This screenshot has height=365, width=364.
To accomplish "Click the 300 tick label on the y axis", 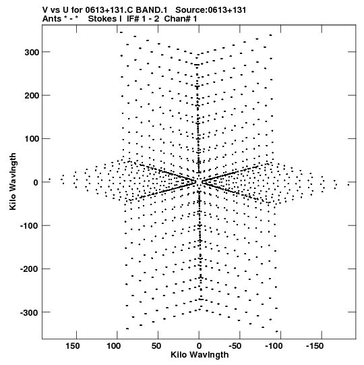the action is (x=32, y=53).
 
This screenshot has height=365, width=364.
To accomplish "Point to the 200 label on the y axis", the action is (x=32, y=96).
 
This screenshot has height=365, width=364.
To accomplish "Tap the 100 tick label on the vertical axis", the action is (x=32, y=139).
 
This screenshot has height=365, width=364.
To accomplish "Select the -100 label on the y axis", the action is (x=30, y=226).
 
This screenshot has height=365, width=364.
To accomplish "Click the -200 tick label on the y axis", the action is (x=30, y=269).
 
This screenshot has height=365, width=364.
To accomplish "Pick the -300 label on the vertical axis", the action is (x=30, y=312).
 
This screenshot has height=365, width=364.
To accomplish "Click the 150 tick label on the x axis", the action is (x=73, y=346).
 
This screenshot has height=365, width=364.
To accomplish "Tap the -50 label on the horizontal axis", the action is (x=235, y=346).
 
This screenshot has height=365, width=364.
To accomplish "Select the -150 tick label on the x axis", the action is (x=315, y=346).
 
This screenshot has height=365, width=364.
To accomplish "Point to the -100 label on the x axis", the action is (x=274, y=346).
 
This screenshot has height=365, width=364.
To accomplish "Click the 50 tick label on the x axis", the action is (x=156, y=346).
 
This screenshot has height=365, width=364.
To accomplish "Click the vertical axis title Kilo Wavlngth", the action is (x=13, y=181).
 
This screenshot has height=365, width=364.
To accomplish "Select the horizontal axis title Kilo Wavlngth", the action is (x=200, y=355).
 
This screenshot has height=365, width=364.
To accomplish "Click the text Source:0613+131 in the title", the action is (x=210, y=10).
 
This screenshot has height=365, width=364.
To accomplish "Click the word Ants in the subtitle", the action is (x=52, y=19).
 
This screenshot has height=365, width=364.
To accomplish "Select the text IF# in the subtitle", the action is (x=133, y=19).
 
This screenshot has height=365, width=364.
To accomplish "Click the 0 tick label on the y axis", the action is (x=36, y=182).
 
